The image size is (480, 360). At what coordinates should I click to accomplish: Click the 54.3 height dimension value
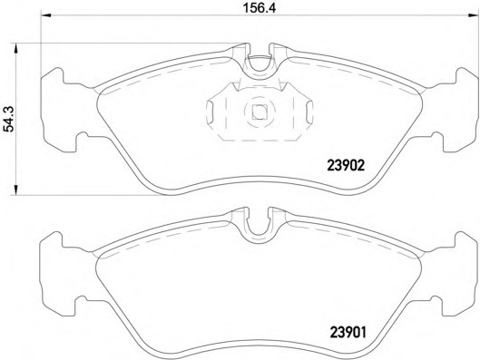click(x=9, y=118)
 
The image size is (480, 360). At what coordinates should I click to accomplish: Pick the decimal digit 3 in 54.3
click(x=9, y=102)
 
